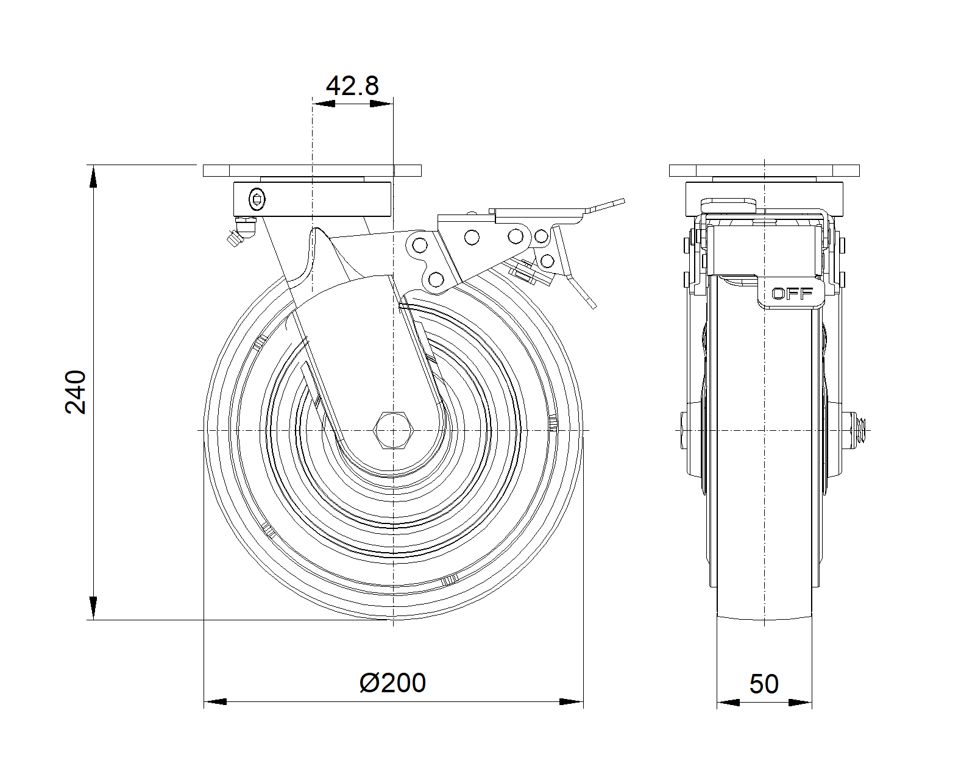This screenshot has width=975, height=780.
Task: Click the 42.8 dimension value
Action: tap(352, 86)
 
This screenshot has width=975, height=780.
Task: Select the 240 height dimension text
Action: tap(77, 392)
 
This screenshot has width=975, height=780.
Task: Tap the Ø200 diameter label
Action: tap(393, 683)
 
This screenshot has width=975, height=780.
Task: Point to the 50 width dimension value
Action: tap(764, 684)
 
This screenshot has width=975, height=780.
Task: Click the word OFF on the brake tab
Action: tap(792, 294)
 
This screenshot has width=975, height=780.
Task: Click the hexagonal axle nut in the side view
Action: tap(393, 430)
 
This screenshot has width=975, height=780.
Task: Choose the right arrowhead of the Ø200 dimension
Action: tap(571, 702)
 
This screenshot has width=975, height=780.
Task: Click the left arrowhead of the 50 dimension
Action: tap(729, 703)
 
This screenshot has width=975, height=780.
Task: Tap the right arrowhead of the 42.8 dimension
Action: tap(381, 104)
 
